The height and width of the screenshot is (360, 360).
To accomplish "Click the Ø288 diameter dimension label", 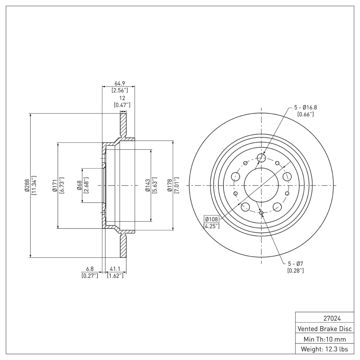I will [x=27, y=185].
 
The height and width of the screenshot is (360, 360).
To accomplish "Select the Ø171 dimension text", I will [x=54, y=185].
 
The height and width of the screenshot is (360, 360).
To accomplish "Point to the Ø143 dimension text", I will [x=147, y=185].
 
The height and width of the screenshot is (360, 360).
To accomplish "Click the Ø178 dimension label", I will [x=169, y=185].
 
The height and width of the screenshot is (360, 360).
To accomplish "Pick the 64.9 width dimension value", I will [x=120, y=83].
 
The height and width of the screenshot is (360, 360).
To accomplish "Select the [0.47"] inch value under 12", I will [x=121, y=105].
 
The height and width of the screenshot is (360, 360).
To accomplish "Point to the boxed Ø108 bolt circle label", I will [x=211, y=219].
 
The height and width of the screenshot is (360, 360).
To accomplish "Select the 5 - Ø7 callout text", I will [x=296, y=263].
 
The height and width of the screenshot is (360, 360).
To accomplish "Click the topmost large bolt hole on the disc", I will [x=261, y=157].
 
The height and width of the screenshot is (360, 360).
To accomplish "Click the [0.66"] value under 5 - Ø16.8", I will [x=306, y=114].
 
